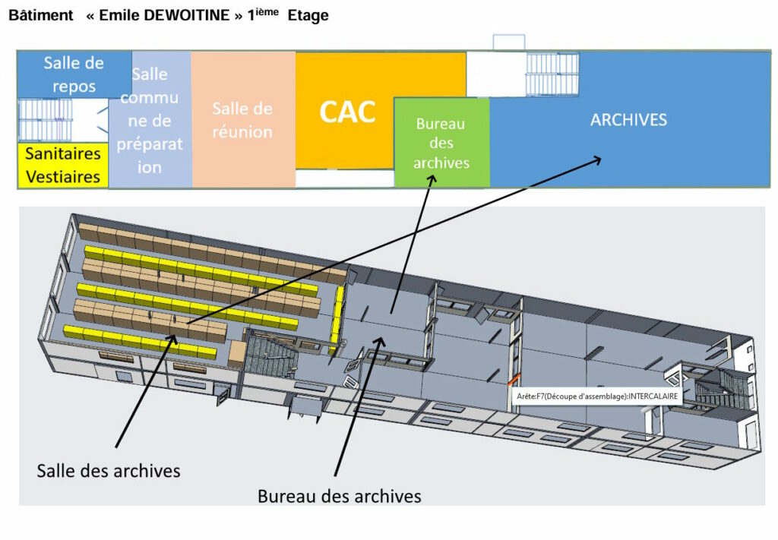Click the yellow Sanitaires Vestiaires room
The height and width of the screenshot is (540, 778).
pos(63,165)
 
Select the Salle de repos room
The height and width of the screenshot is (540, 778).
pos(74,74)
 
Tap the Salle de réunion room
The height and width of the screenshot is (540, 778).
pos(242,120)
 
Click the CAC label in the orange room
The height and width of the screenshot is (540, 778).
pos(347,112)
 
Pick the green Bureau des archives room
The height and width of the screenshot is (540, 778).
pos(441,143)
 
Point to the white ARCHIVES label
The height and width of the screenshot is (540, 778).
pos(628,119)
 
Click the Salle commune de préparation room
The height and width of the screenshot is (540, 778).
pos(150,120)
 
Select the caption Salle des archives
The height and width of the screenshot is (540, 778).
pos(109,471)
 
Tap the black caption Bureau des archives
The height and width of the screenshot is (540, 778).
pos(339,497)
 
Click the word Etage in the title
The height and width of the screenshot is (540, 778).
pos(308,16)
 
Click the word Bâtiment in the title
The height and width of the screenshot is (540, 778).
pos(41,16)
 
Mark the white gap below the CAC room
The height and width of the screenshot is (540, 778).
pos(343,178)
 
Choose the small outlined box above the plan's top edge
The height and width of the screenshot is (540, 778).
pos(509,42)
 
